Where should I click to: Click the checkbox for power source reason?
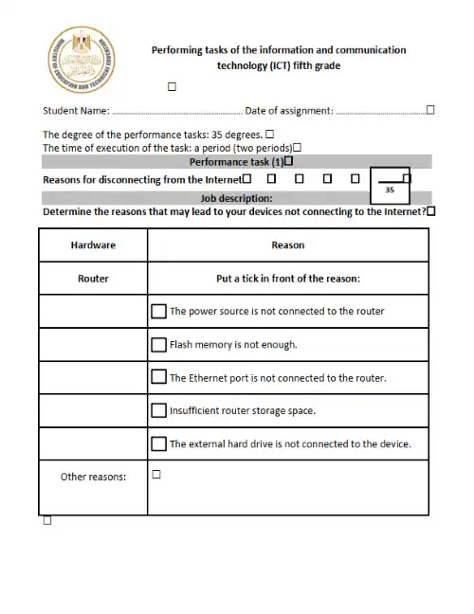(158, 311)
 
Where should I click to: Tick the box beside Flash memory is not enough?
(158, 344)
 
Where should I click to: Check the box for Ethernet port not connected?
(158, 377)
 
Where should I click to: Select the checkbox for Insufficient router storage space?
(158, 410)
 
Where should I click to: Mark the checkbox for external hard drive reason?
(158, 443)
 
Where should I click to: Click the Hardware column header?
(93, 244)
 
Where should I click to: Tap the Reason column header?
(288, 244)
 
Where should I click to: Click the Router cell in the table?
(93, 279)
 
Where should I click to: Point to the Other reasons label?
(93, 477)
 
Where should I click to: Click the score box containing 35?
(390, 187)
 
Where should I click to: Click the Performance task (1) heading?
(236, 162)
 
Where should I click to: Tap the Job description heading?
(236, 198)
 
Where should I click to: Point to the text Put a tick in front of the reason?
(288, 279)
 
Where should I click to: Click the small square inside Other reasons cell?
(156, 475)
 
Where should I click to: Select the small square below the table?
(47, 521)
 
